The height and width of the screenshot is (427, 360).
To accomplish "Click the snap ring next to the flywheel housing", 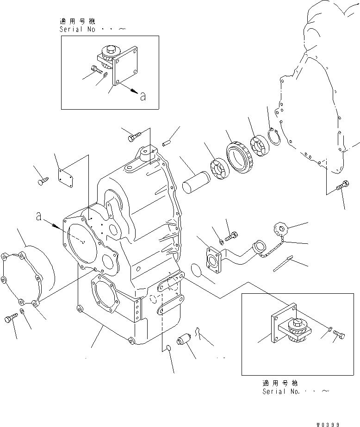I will point(274,137).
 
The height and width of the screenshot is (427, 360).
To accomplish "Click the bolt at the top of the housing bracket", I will point(133,137).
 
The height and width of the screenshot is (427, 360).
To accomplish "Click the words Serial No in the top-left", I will point(78,29).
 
